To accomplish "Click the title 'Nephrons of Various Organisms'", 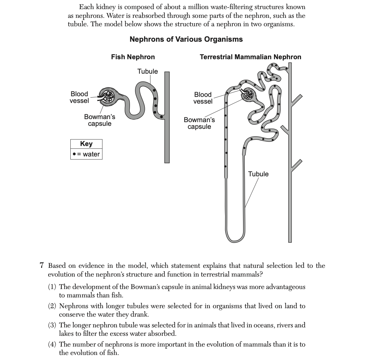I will point(186,39).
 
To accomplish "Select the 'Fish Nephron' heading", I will point(133,57).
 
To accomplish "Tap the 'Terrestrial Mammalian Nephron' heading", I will point(250,57).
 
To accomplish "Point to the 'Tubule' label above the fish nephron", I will point(147,71).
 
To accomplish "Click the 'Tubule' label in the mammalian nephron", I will point(258,174).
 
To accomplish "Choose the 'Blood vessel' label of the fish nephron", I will point(79,97).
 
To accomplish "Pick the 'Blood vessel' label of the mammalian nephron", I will point(203,98).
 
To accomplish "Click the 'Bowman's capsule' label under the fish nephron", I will point(99,120).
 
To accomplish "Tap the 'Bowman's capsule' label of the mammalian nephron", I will point(199,123).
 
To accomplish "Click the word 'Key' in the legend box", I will point(86,144).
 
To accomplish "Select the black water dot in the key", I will point(74,154).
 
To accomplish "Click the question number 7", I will point(42,266).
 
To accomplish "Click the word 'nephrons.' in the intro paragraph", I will point(85,15).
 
